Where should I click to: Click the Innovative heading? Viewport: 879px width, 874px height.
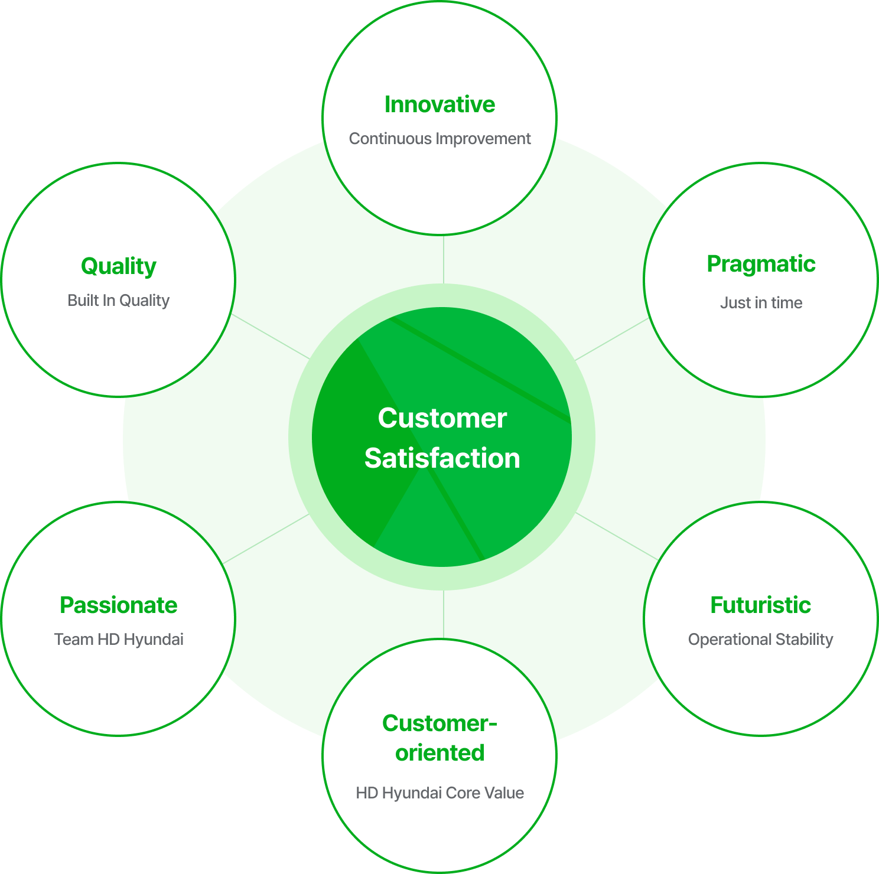[x=439, y=105]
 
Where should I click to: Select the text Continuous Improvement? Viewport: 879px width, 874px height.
[x=439, y=139]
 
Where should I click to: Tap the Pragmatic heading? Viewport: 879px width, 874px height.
[x=761, y=264]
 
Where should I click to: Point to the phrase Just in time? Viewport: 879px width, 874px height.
[x=761, y=303]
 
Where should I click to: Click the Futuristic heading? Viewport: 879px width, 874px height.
[x=760, y=605]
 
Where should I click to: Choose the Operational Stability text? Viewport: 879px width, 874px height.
[x=760, y=640]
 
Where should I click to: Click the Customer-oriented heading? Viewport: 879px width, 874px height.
[x=439, y=738]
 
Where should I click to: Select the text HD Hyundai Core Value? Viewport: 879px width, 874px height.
[x=439, y=793]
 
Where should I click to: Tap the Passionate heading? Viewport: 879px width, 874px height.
[x=119, y=605]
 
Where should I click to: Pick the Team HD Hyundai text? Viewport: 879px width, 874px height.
[x=119, y=640]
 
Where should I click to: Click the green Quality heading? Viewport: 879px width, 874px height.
[x=119, y=266]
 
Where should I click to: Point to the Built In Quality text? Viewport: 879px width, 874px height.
[x=119, y=301]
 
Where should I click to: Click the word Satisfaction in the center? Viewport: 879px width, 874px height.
[x=442, y=458]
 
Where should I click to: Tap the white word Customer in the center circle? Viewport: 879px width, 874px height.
[x=442, y=418]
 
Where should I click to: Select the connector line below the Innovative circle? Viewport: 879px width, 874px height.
[x=443, y=260]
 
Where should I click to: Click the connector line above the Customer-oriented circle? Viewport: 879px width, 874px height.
[x=443, y=614]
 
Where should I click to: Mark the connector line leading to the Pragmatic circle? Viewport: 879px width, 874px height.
[x=611, y=339]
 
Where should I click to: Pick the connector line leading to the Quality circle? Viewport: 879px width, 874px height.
[x=271, y=336]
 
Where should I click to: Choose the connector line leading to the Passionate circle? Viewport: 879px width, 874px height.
[x=266, y=538]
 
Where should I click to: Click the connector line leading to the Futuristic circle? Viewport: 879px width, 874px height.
[x=616, y=536]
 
